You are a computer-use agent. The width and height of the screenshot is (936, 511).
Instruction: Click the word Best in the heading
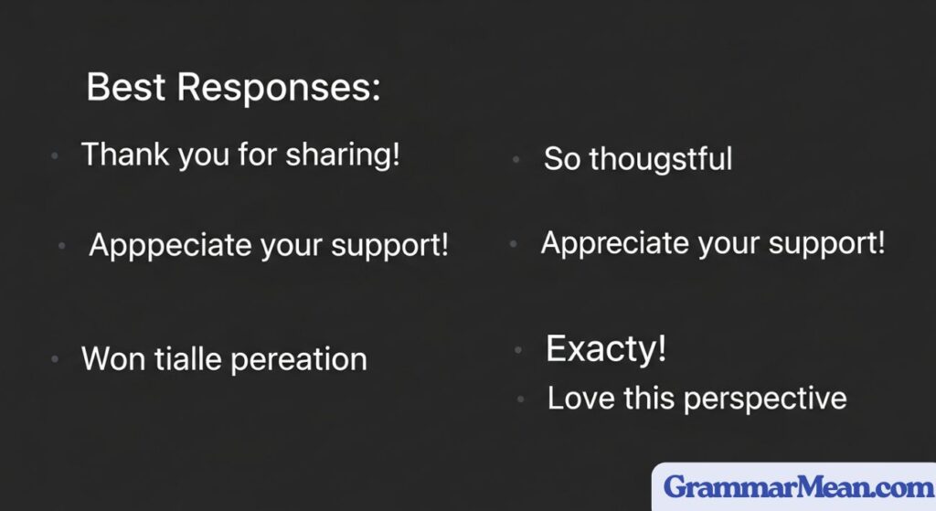[126, 87]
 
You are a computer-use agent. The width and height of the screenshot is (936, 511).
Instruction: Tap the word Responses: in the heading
[279, 90]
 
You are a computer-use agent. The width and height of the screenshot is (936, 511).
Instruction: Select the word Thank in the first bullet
[125, 154]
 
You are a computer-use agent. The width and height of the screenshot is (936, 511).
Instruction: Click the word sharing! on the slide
[343, 155]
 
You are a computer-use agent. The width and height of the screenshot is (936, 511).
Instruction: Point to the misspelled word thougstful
[661, 160]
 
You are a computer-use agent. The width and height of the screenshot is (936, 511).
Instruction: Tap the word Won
[112, 358]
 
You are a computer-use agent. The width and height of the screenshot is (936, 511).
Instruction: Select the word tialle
[188, 358]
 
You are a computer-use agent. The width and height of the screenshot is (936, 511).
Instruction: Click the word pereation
[299, 360]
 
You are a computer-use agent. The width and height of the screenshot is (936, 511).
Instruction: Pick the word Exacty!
[606, 348]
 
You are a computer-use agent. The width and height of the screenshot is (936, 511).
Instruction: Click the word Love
[580, 399]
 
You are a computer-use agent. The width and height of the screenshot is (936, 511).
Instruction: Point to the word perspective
[765, 399]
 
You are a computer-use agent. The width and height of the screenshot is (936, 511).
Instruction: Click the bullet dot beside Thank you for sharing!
[55, 156]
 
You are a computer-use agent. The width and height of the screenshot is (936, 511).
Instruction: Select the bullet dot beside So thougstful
[516, 160]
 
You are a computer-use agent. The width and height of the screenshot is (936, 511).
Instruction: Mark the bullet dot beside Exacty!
[518, 350]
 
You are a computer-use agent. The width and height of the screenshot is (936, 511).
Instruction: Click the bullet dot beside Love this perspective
[520, 399]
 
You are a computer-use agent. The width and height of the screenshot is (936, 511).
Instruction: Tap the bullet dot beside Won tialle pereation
[55, 359]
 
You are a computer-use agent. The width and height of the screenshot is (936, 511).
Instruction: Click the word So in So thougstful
[562, 159]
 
